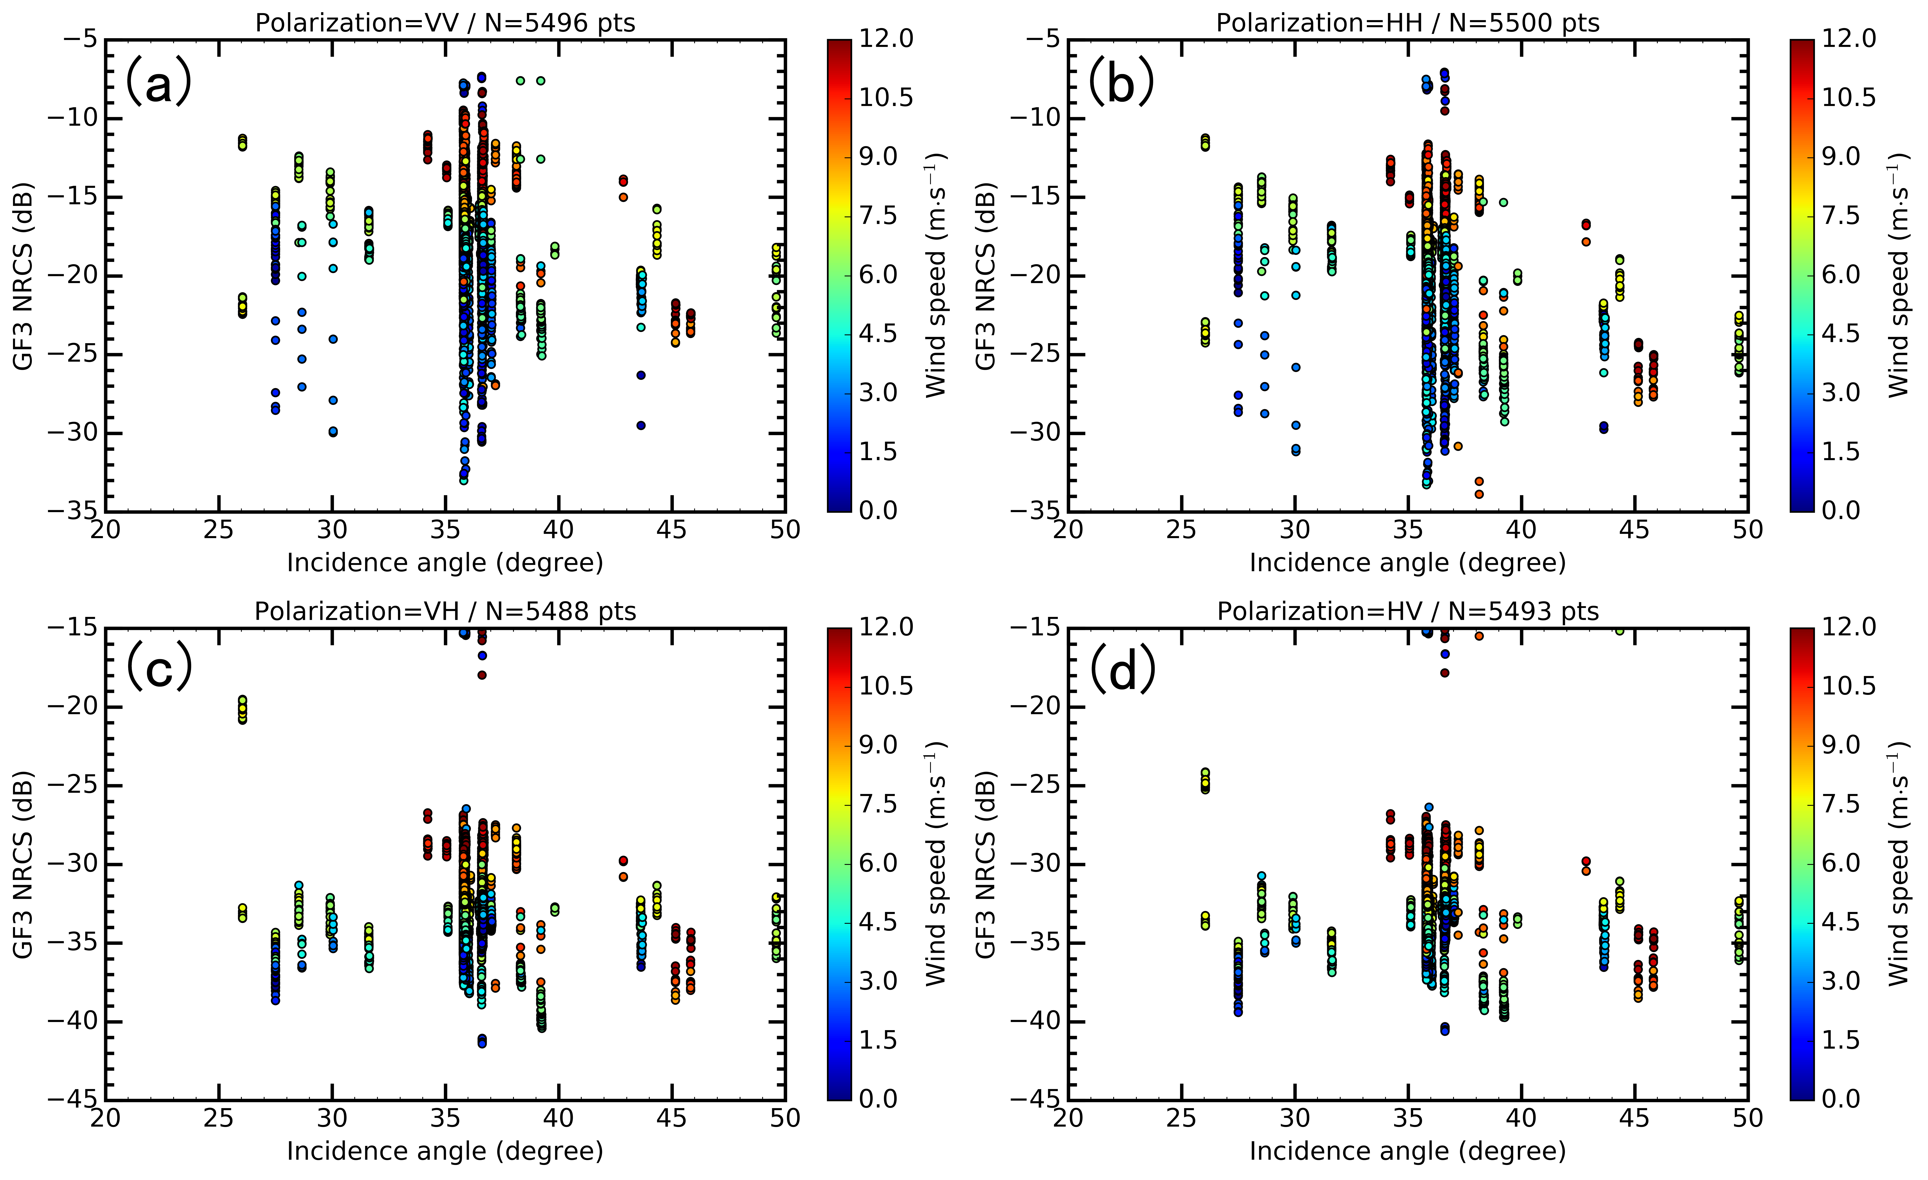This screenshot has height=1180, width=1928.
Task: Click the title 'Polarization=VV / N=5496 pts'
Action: pos(445,23)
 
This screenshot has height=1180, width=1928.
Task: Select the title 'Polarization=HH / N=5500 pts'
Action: pos(1408,23)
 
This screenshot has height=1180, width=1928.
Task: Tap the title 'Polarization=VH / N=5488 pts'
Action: pos(445,611)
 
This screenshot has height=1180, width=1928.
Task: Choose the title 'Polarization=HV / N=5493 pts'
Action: pos(1408,611)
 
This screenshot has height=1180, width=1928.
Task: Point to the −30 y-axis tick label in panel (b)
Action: pos(1034,433)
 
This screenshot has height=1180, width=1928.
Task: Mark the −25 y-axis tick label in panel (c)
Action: pos(72,786)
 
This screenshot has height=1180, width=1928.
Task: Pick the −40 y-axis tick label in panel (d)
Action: pos(1034,1021)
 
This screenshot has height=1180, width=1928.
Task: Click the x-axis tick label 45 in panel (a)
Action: pos(671,531)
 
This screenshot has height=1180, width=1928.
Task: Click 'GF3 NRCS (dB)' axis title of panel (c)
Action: pos(24,864)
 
